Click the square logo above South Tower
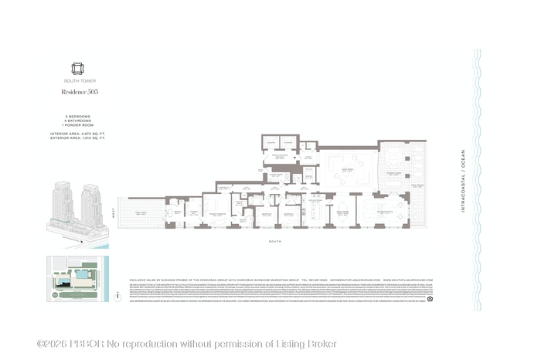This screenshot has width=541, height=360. (77, 68)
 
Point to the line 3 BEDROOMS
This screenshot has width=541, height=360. (75, 116)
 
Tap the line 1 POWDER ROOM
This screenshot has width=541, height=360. (77, 124)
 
